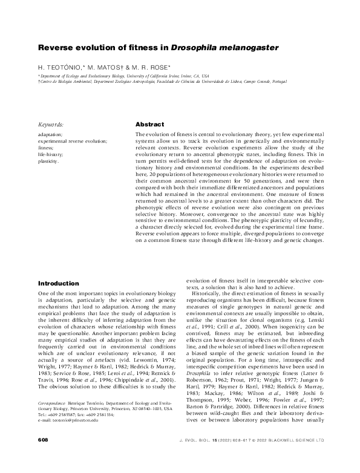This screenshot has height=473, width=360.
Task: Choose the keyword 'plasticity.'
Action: (x=48, y=161)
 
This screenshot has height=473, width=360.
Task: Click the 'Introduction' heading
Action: (x=60, y=283)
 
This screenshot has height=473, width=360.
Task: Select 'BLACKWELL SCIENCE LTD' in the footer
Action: (x=296, y=455)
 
